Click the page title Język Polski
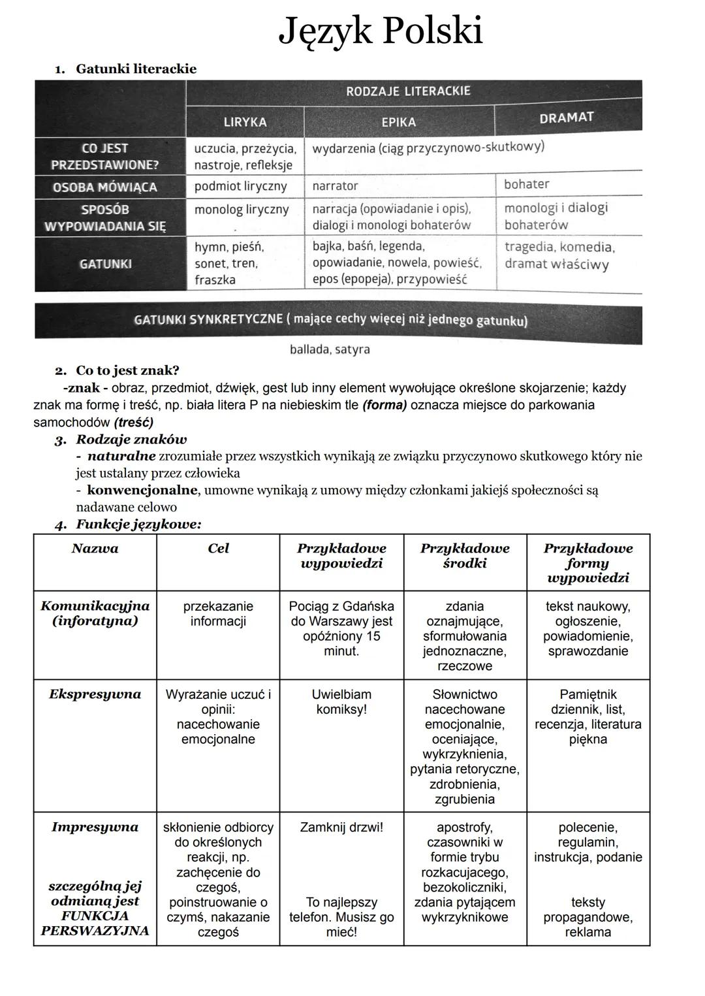381,31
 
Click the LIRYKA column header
245,122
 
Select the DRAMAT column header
566,118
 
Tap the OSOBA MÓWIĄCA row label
105,187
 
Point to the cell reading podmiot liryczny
240,186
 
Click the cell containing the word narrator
335,186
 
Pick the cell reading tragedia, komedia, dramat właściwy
559,255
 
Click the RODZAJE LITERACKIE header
408,91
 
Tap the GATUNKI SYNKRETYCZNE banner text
330,319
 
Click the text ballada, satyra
330,349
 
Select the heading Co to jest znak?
127,370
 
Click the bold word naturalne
121,456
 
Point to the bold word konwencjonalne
137,490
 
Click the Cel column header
218,549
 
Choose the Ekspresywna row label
95,694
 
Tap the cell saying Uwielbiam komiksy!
341,701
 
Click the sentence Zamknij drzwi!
341,827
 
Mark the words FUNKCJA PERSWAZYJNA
95,924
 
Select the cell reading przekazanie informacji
218,613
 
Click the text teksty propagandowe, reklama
588,917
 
